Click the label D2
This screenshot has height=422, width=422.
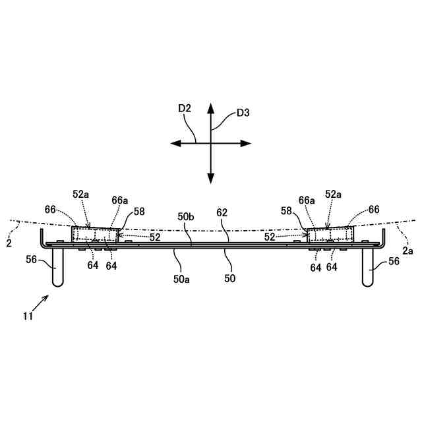pyautogui.click(x=184, y=108)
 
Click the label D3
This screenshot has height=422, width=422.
pyautogui.click(x=243, y=113)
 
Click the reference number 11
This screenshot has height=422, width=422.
pyautogui.click(x=28, y=316)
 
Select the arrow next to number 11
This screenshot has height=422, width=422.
pyautogui.click(x=40, y=304)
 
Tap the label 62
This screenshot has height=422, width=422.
pyautogui.click(x=222, y=213)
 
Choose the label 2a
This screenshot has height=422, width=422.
pyautogui.click(x=407, y=251)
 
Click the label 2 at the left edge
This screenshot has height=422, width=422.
pyautogui.click(x=9, y=243)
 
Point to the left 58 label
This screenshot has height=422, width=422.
pyautogui.click(x=138, y=211)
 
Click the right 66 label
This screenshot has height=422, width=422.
pyautogui.click(x=374, y=209)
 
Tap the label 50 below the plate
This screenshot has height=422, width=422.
pyautogui.click(x=229, y=279)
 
